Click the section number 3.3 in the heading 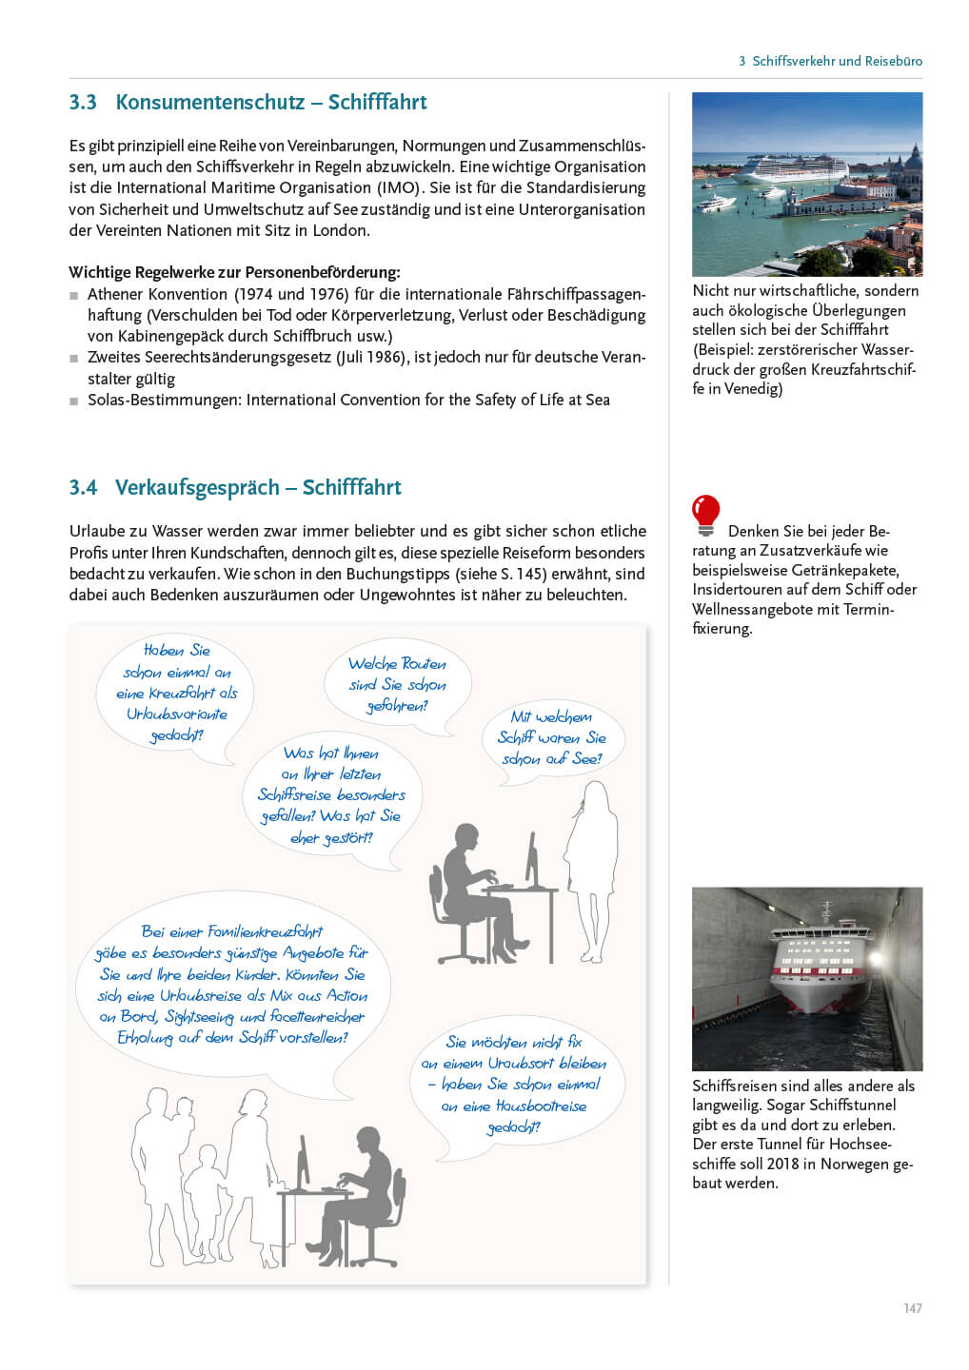point(83,103)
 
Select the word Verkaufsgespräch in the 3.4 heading point(197,488)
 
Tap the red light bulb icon point(705,515)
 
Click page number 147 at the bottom point(912,1308)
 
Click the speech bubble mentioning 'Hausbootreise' point(514,1085)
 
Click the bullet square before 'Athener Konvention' point(74,296)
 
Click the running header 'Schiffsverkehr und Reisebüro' point(837,61)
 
